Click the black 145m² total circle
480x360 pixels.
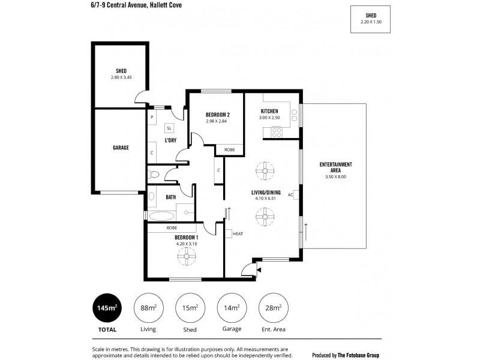coord(106,308)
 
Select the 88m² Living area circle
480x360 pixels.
coord(148,308)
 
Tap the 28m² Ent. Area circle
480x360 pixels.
coord(273,308)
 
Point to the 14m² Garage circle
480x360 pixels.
coord(232,308)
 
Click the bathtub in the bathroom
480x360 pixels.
coord(160,215)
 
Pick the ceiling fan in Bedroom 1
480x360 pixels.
coord(186,257)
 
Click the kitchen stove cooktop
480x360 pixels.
coord(277,132)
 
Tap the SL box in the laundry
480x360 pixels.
coord(169,128)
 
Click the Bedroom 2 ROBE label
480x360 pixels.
coord(229,149)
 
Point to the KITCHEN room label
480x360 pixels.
coord(269,112)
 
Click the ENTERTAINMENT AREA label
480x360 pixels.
coord(335,167)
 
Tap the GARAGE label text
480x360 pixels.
coord(121,147)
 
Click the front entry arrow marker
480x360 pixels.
coord(258,270)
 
